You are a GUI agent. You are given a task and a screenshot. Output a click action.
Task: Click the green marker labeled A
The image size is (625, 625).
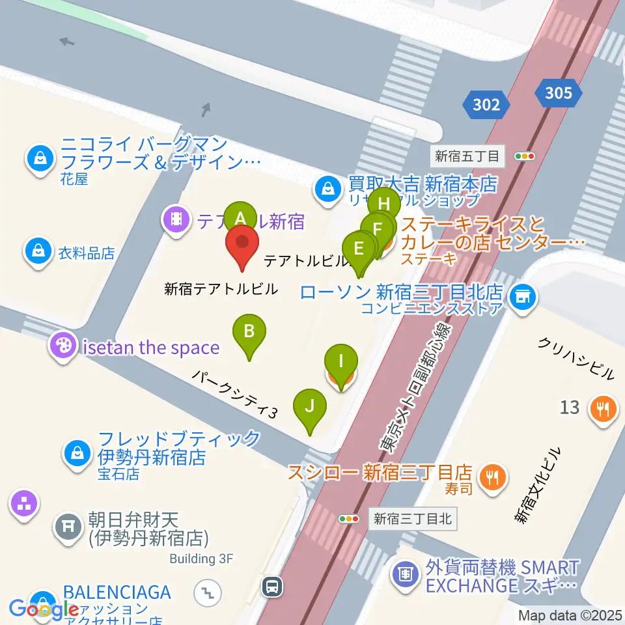(240, 217)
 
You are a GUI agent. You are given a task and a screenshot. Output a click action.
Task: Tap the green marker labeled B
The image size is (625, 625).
(249, 331)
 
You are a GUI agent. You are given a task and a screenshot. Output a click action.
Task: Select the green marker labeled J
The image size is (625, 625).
(311, 406)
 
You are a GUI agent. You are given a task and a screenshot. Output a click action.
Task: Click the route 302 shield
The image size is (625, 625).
(486, 104)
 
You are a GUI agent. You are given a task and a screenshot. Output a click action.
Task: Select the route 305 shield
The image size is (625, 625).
(559, 93)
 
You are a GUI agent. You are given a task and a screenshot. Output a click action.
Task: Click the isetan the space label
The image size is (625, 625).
(150, 347)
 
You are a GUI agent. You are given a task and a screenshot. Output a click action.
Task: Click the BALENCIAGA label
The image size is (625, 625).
(117, 592)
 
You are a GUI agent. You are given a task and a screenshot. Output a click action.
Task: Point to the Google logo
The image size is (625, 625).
(44, 609)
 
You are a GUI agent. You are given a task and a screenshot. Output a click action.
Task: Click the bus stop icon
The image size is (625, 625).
(272, 587)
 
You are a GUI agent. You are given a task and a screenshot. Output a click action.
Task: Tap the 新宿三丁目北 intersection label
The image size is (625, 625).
(411, 519)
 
